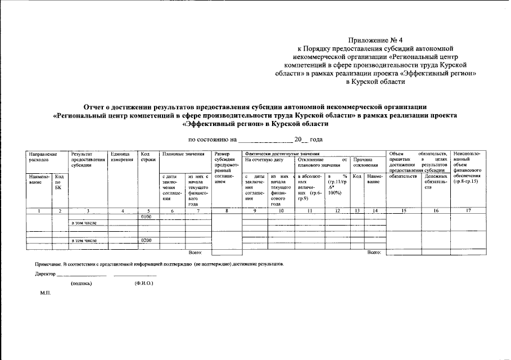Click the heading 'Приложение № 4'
(x=376, y=40)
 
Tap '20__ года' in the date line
(x=309, y=139)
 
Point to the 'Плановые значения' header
(x=183, y=154)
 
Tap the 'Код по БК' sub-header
(x=58, y=182)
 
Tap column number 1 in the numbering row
(x=38, y=210)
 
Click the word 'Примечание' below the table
(x=48, y=263)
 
